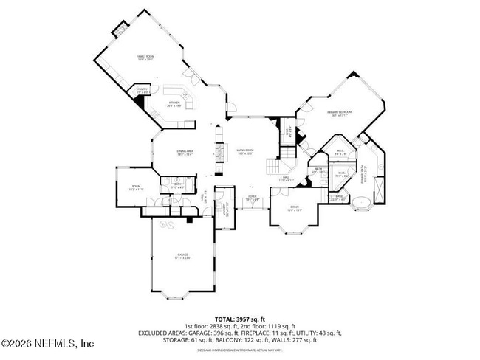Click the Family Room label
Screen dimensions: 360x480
pos(144,58)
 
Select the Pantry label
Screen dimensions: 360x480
pos(143,90)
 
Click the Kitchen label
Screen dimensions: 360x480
pos(174,104)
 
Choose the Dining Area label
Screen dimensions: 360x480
pos(184,153)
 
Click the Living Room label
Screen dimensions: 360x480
pos(244,152)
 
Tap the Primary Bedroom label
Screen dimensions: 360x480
pos(340,113)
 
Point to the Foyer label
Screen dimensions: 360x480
pos(251,198)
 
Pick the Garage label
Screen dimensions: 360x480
pos(182,255)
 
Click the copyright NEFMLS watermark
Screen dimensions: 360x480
pos(48,344)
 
